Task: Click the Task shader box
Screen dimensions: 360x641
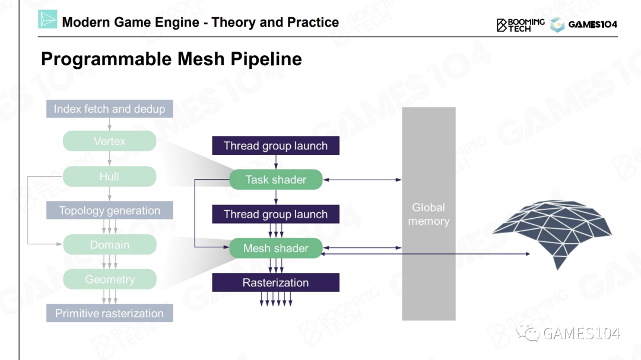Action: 275,180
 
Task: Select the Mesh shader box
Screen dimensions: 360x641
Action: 275,249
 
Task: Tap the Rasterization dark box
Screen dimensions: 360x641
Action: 275,283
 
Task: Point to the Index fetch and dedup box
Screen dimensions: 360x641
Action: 110,109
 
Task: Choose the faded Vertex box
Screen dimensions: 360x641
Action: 110,141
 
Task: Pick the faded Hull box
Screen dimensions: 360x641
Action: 110,176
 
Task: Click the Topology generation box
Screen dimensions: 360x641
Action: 110,211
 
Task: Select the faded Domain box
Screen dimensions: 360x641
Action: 110,245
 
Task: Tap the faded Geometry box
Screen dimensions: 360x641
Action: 110,279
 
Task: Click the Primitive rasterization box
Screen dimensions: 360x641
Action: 110,314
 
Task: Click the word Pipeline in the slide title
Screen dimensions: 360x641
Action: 266,59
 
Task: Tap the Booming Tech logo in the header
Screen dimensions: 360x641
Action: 520,24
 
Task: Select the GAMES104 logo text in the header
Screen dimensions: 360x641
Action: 592,24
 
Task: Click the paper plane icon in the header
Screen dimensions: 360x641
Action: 47,20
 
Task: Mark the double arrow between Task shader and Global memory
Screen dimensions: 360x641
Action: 362,180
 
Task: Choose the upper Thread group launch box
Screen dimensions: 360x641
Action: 275,146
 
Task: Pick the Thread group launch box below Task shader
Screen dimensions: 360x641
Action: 275,214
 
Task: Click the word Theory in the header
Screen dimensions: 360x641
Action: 234,23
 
